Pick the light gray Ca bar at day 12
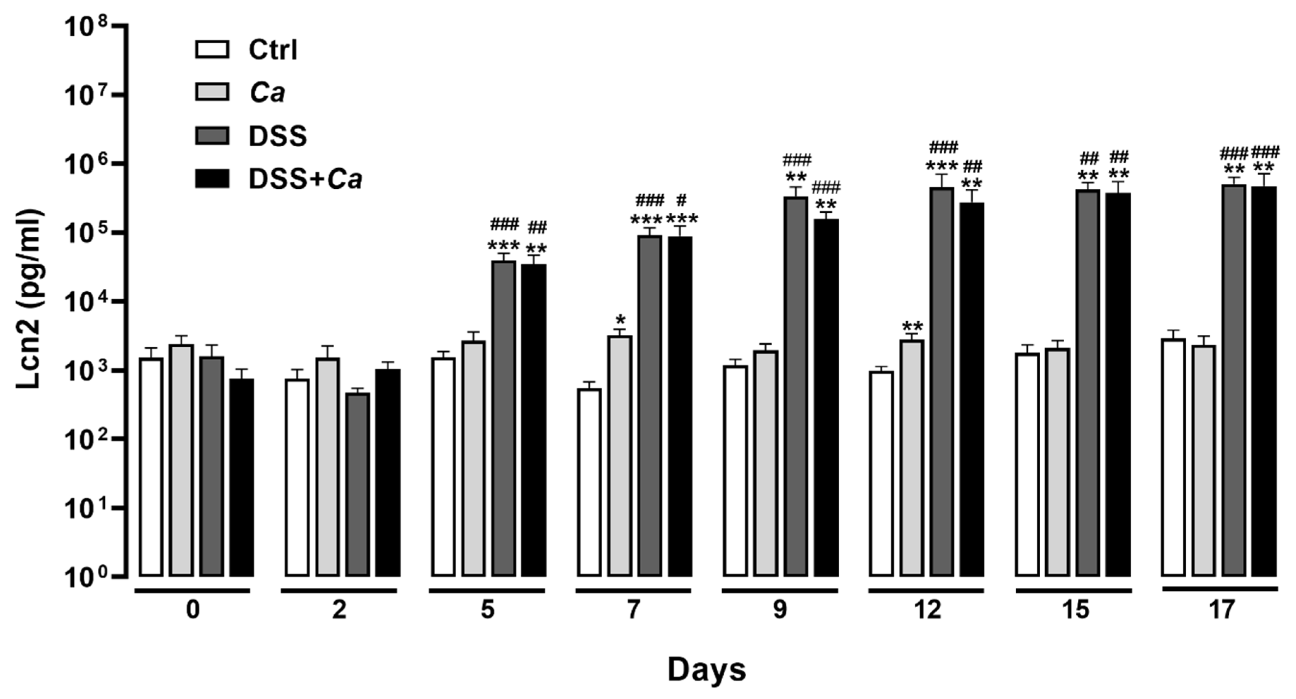point(912,458)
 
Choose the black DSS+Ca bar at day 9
point(826,397)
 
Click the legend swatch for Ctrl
point(212,49)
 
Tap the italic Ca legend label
point(267,93)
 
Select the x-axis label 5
point(487,610)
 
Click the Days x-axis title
point(706,669)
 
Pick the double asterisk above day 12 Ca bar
point(912,326)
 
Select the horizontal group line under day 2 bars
point(339,590)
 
